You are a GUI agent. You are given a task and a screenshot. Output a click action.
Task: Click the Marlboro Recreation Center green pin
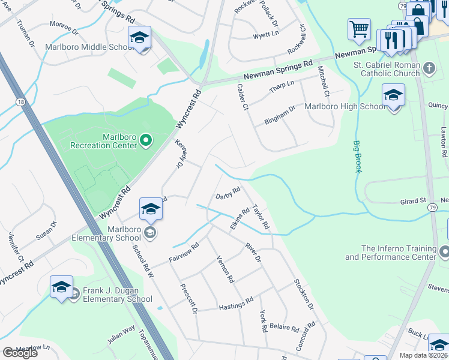pos(145,142)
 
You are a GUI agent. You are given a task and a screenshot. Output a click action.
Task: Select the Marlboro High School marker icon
pos(393,96)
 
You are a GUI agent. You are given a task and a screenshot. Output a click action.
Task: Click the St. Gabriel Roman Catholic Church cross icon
pos(429,68)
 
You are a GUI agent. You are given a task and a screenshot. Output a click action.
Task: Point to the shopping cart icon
pos(359,29)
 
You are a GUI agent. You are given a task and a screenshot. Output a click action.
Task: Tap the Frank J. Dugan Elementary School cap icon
pos(61,287)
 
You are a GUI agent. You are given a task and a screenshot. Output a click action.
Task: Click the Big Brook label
pos(358,157)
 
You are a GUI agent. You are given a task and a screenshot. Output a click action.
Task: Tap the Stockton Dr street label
pos(304,294)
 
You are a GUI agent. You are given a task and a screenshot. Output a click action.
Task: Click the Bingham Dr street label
pos(280,116)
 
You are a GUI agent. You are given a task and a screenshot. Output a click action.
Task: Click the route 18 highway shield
pos(21,103)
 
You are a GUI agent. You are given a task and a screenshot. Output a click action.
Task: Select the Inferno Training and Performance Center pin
pos(444,251)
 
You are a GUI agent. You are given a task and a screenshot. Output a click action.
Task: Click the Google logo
pos(20,353)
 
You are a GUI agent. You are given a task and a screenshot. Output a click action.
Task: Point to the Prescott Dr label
pos(188,298)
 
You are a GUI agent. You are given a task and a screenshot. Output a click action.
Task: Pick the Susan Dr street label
pos(46,230)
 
